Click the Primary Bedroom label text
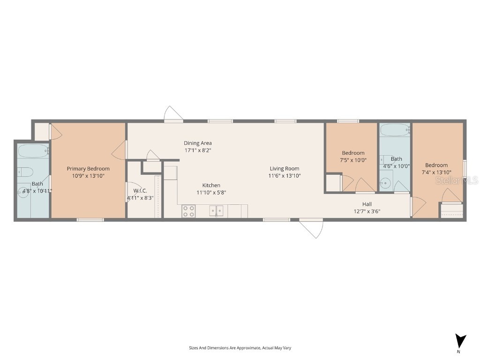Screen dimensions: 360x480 click(x=88, y=169)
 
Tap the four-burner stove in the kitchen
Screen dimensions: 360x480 click(x=188, y=211)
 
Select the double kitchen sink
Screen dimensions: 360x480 click(x=216, y=211)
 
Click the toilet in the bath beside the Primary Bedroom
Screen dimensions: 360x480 click(x=25, y=172)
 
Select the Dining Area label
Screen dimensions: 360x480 click(x=197, y=143)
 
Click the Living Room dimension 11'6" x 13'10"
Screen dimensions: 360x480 click(x=284, y=176)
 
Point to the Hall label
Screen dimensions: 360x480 click(x=367, y=204)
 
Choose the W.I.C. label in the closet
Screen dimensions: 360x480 click(x=140, y=191)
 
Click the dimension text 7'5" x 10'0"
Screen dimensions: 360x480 click(x=353, y=160)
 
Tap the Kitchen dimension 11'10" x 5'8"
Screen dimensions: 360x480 click(x=211, y=192)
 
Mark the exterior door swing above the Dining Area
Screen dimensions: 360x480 click(x=173, y=114)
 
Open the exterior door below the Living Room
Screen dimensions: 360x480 click(x=311, y=228)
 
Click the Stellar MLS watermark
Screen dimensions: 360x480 click(x=457, y=180)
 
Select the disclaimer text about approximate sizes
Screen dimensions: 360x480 click(x=240, y=348)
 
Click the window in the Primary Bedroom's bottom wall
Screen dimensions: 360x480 click(x=90, y=219)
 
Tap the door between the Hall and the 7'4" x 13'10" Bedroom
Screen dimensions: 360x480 click(x=418, y=207)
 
